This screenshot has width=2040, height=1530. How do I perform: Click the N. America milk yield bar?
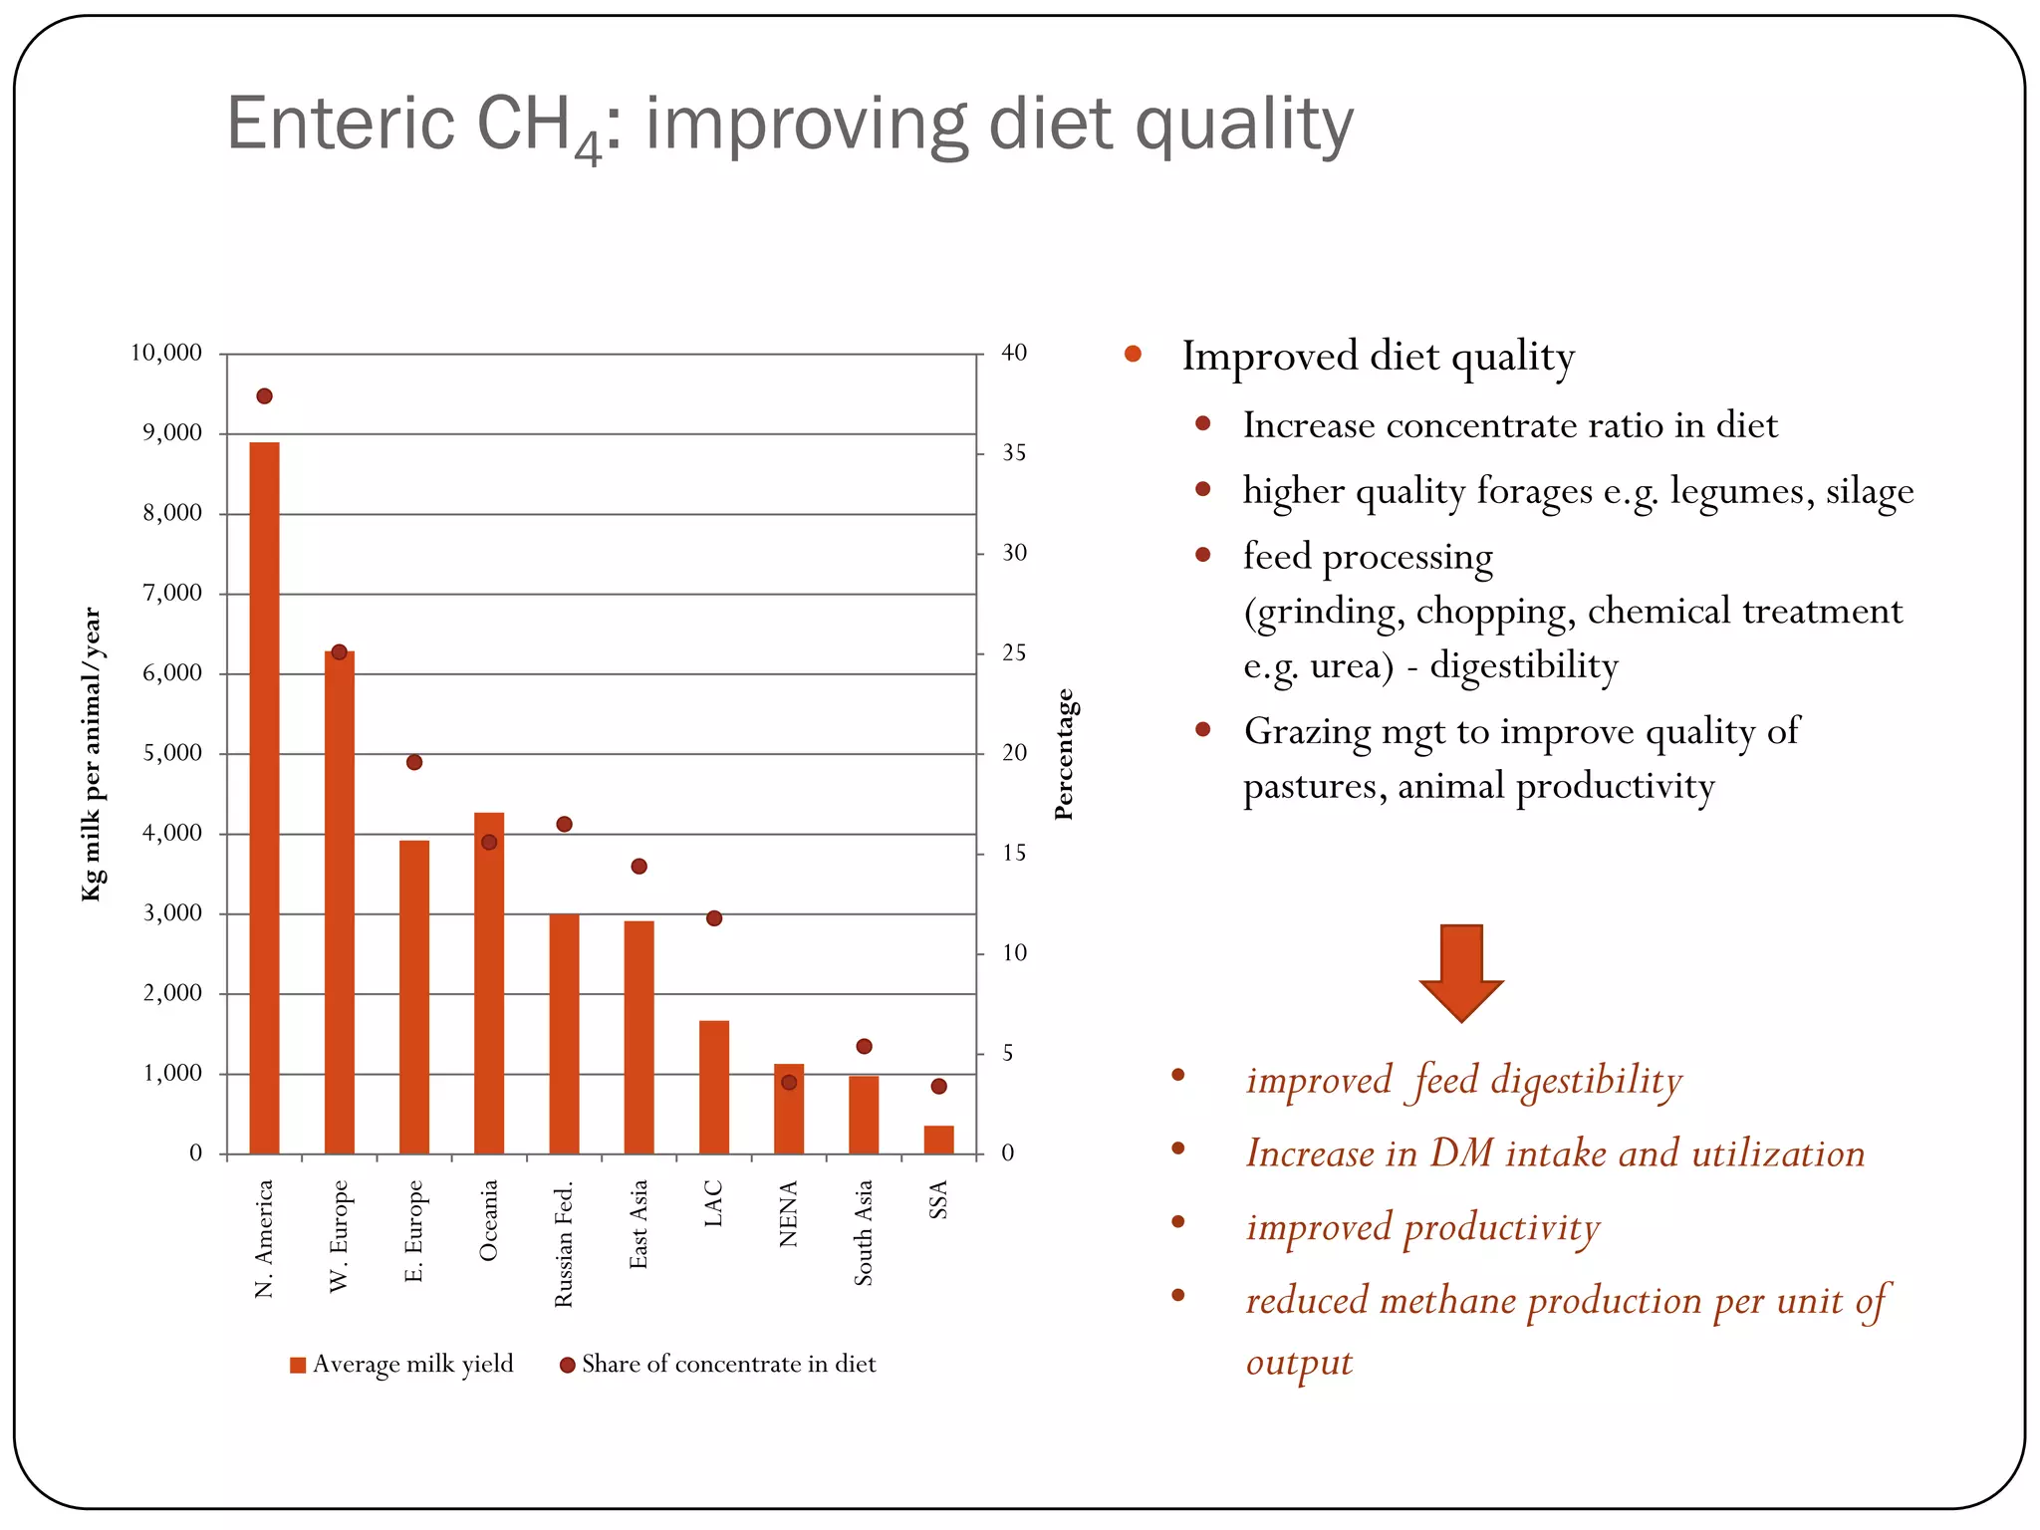[x=264, y=797]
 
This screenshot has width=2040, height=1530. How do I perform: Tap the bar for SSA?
[x=938, y=1140]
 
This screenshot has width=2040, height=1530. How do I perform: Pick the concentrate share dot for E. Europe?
[x=414, y=762]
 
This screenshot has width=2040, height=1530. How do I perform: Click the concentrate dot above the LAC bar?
[x=714, y=918]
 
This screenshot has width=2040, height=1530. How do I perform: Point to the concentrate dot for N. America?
[x=264, y=396]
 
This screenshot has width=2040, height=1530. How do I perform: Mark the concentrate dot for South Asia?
[x=864, y=1046]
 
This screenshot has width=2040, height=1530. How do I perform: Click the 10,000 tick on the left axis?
[x=166, y=353]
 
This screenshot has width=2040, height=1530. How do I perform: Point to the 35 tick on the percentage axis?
[x=1014, y=453]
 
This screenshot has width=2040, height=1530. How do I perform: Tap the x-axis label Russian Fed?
[x=564, y=1244]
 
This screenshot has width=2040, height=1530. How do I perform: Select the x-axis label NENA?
[x=788, y=1213]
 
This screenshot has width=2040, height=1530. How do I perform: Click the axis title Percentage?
[x=1064, y=754]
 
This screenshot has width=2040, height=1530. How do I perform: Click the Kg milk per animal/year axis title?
[x=92, y=754]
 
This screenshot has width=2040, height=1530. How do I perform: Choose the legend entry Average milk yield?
[x=401, y=1364]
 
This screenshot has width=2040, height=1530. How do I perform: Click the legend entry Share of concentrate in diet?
[x=718, y=1364]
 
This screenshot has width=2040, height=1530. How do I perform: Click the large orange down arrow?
[x=1460, y=970]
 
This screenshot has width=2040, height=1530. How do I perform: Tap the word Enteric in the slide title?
[x=341, y=124]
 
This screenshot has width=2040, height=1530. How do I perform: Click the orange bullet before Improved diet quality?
[x=1133, y=354]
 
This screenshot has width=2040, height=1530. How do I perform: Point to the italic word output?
[x=1299, y=1362]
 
